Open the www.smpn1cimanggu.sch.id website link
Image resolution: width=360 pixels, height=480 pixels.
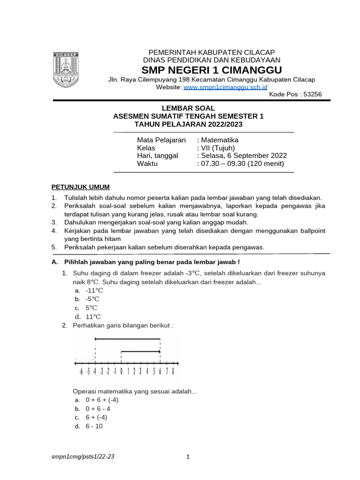tap(225, 87)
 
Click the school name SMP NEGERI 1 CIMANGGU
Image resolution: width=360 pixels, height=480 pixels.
tap(212, 70)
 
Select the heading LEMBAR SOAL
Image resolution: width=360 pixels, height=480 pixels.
tap(188, 108)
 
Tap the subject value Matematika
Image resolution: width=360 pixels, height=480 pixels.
tap(219, 140)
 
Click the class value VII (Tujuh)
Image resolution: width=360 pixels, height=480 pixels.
tap(217, 148)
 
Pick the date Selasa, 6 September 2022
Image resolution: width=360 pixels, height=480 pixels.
tap(243, 156)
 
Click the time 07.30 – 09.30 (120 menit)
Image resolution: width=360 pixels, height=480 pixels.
tap(242, 164)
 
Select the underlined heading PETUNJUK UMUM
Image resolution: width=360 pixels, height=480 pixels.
tap(80, 187)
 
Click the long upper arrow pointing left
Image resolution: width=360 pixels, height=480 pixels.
tap(127, 338)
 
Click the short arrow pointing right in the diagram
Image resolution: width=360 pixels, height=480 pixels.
tap(141, 351)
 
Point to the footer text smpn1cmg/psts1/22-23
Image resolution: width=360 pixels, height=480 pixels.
tap(82, 457)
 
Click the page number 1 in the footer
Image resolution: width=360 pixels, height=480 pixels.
tap(188, 457)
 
